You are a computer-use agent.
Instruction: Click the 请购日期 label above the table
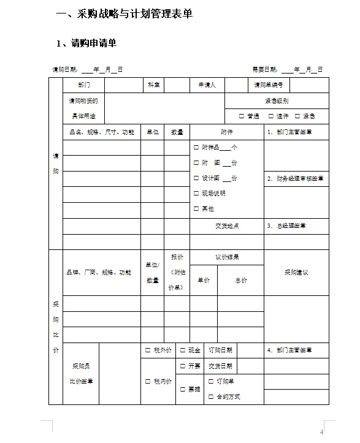tap(64, 70)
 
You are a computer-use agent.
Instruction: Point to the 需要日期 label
tap(264, 70)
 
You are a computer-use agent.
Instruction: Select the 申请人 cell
tap(207, 85)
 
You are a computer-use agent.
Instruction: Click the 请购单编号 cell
tap(268, 85)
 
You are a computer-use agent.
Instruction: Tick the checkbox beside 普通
tap(242, 116)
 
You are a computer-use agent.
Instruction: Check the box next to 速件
tap(271, 116)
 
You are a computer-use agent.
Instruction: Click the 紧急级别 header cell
tap(277, 101)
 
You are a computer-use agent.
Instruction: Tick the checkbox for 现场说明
tap(196, 194)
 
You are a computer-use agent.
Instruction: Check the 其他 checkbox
tap(196, 209)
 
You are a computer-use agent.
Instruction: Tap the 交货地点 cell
tap(226, 225)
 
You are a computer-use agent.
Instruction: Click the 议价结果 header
tap(226, 257)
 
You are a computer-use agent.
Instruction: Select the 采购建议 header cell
tap(296, 272)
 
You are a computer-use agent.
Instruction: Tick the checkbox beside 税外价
tap(148, 350)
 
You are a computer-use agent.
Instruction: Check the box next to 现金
tap(183, 350)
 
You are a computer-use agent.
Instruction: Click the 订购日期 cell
tap(220, 350)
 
